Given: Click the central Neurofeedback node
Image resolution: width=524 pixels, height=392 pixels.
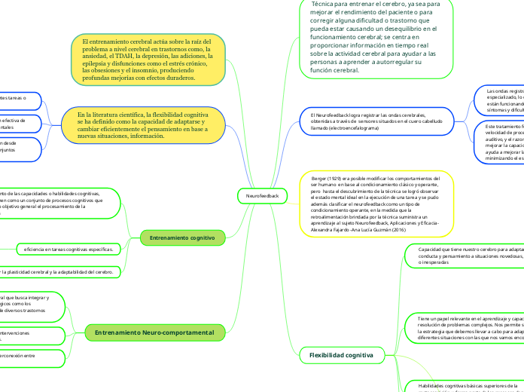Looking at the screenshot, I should click(262, 196).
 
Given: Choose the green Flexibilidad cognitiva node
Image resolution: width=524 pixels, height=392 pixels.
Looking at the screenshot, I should click(332, 354).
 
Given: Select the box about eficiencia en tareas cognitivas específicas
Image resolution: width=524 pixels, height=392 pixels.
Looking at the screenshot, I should click(69, 248).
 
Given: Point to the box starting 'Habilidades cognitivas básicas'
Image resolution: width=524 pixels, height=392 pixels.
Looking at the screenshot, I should click(467, 386).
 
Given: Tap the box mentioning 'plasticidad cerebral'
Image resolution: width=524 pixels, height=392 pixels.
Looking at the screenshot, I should click(60, 271).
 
